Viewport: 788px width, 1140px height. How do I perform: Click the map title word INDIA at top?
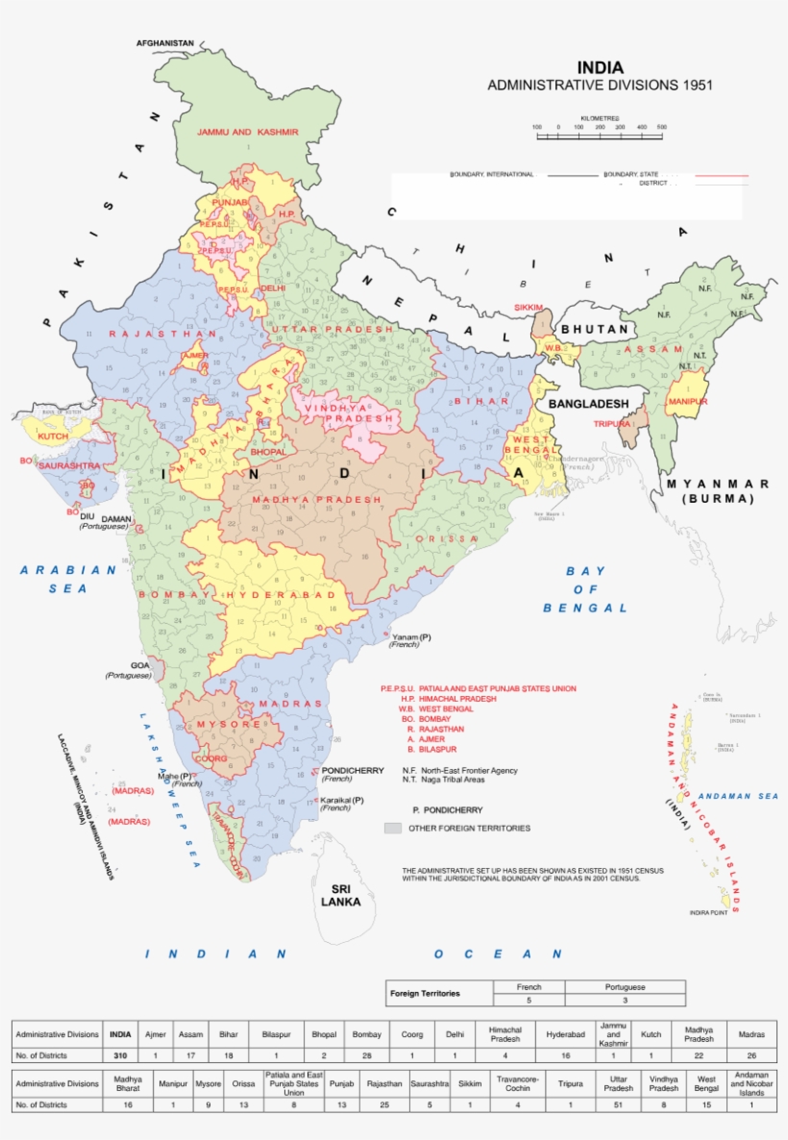(600, 68)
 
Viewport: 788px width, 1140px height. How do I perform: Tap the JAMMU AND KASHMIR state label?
(248, 132)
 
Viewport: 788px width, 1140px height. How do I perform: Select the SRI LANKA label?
(341, 895)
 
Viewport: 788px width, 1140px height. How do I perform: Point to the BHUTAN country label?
(594, 330)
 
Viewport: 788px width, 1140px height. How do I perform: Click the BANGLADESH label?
(589, 403)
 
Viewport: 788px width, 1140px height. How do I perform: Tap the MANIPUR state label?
(687, 401)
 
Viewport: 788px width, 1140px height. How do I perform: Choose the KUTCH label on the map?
(53, 436)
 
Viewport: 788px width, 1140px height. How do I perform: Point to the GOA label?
(141, 665)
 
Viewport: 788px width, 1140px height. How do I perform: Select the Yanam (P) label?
(411, 637)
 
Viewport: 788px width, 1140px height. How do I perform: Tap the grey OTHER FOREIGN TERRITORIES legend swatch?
(392, 828)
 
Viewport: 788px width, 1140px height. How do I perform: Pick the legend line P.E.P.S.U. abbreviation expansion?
(478, 689)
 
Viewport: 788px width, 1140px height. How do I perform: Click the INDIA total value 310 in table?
(119, 1055)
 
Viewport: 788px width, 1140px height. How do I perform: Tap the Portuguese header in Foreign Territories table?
(625, 987)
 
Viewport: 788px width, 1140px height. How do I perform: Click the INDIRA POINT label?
(708, 912)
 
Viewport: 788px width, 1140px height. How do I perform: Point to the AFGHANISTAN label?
(165, 44)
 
